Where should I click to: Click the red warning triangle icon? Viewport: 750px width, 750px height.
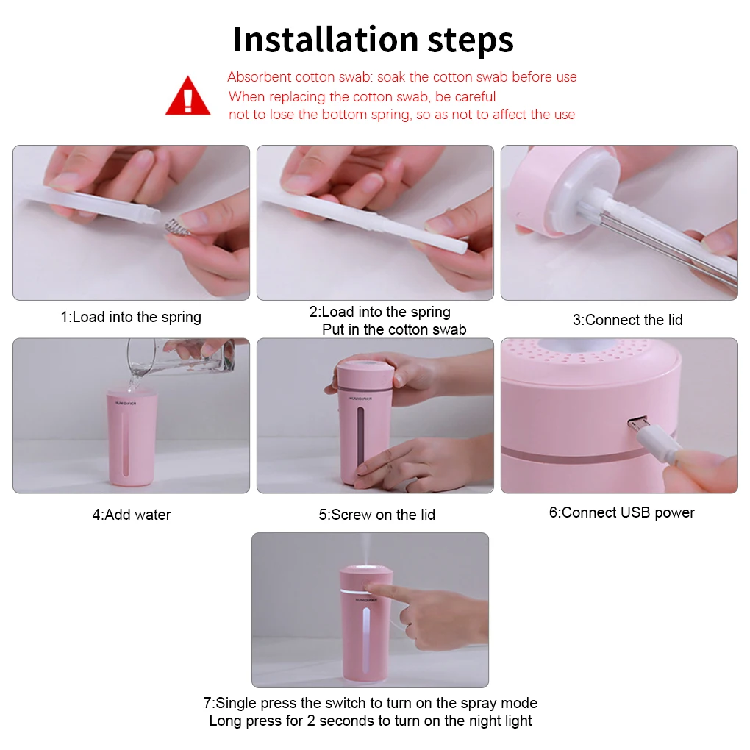click(188, 96)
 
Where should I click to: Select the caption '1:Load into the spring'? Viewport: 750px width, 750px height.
click(131, 318)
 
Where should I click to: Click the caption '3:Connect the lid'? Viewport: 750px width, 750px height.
click(627, 320)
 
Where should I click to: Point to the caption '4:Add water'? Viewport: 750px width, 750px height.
click(131, 515)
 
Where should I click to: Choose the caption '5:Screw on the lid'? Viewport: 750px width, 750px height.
click(376, 515)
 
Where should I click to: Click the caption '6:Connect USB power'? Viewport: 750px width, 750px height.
click(621, 512)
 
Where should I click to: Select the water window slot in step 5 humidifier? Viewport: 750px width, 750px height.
click(360, 438)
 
